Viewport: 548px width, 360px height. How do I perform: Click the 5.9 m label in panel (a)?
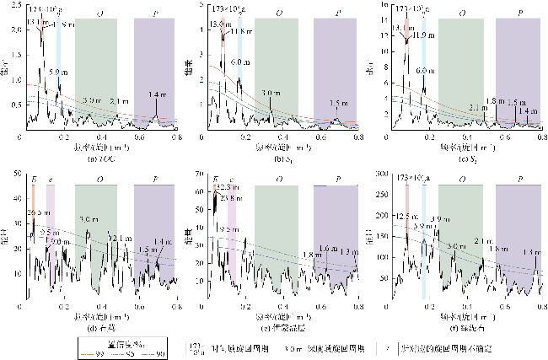(57, 73)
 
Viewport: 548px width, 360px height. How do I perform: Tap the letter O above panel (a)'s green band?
(101, 15)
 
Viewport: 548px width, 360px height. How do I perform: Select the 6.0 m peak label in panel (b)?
(240, 63)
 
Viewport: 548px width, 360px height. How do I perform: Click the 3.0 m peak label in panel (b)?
(271, 93)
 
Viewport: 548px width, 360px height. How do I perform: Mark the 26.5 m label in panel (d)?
(38, 212)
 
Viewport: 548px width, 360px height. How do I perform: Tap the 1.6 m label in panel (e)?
(325, 248)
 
